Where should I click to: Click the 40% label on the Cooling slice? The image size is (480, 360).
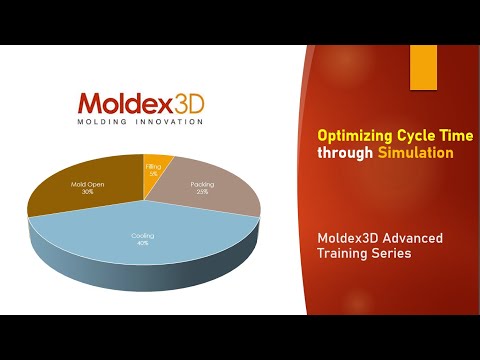coord(143,241)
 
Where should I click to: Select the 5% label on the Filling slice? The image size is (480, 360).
coord(153,173)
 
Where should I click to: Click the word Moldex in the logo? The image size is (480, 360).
coord(120,103)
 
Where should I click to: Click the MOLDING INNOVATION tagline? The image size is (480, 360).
coord(140,122)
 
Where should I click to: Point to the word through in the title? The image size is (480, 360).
coord(344,153)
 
